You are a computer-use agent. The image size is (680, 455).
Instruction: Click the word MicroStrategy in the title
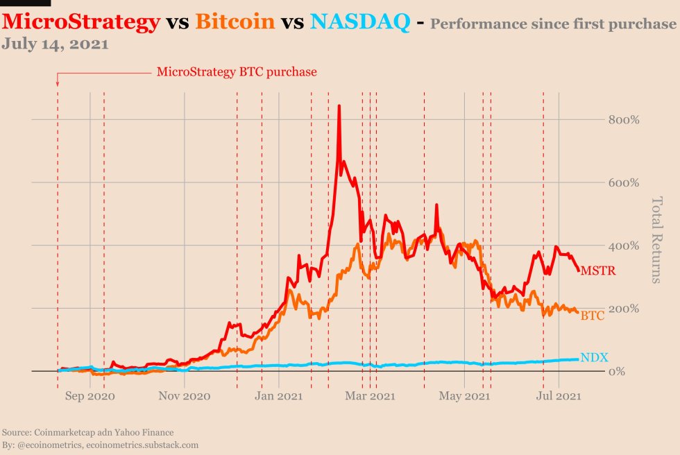click(x=80, y=22)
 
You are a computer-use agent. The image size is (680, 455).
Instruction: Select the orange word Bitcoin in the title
click(x=235, y=22)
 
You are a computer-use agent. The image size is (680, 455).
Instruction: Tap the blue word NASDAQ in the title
click(x=359, y=22)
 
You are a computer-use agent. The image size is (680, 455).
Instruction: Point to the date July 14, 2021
click(x=55, y=44)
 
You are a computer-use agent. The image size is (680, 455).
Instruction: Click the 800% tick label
click(x=623, y=120)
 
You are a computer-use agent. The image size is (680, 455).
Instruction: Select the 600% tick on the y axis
click(x=623, y=183)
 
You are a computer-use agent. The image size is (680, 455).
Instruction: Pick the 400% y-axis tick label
click(x=623, y=246)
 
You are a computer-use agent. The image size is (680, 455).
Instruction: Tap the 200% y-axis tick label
click(x=623, y=309)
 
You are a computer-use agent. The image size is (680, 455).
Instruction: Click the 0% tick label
click(x=628, y=372)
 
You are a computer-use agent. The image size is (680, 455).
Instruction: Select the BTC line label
click(x=592, y=316)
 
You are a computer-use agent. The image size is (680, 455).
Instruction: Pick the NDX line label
click(x=594, y=358)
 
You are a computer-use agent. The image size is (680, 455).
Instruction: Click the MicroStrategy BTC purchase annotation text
click(x=237, y=71)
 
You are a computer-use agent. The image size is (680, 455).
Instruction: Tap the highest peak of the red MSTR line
click(x=339, y=106)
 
